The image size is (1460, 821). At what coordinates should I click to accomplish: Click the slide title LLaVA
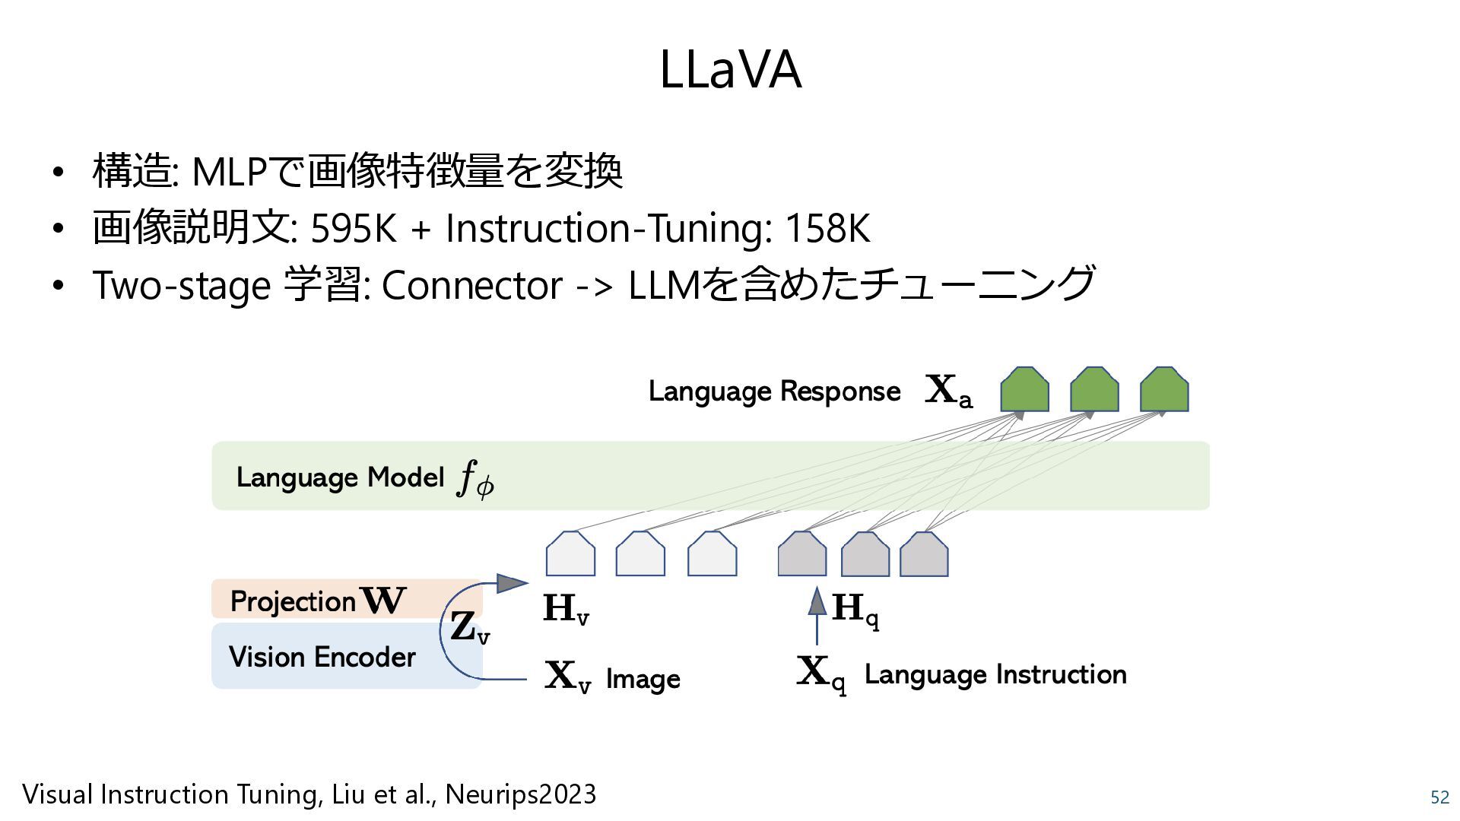point(730,70)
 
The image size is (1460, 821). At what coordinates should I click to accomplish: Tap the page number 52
point(1439,797)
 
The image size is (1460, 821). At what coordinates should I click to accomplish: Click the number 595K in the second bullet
point(354,228)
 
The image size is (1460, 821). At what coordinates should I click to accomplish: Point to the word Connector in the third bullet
point(472,286)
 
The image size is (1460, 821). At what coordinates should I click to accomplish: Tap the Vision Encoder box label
point(322,657)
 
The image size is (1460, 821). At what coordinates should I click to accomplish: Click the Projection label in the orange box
point(293,601)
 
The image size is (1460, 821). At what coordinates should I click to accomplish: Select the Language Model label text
point(340,477)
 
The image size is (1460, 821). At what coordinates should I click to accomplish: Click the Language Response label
point(774,391)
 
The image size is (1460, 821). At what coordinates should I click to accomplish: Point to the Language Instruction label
point(995,674)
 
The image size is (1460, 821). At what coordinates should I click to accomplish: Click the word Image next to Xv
point(643,679)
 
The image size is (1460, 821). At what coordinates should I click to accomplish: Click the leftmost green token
point(1024,391)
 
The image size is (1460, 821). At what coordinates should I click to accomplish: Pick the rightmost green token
point(1164,391)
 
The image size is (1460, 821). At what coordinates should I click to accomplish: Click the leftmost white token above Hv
point(570,555)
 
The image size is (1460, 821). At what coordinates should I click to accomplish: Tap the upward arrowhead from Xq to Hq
point(817,601)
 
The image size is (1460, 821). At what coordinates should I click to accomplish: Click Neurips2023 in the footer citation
point(520,794)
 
